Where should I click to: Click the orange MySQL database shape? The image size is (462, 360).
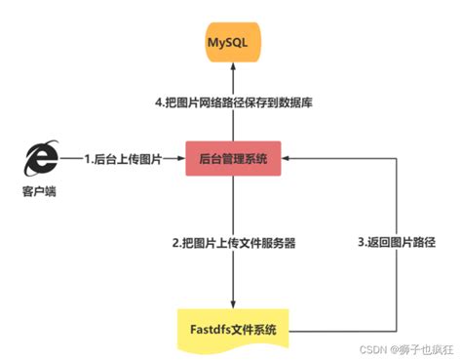(x=232, y=47)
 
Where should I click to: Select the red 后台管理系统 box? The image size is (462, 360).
(x=232, y=157)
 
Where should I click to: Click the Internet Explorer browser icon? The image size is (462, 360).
(x=38, y=155)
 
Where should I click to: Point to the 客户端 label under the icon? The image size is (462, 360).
(x=38, y=191)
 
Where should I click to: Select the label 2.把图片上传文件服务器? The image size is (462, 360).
(x=232, y=241)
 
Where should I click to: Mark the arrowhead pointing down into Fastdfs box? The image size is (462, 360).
(x=232, y=303)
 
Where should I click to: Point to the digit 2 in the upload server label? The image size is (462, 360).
(x=169, y=241)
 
